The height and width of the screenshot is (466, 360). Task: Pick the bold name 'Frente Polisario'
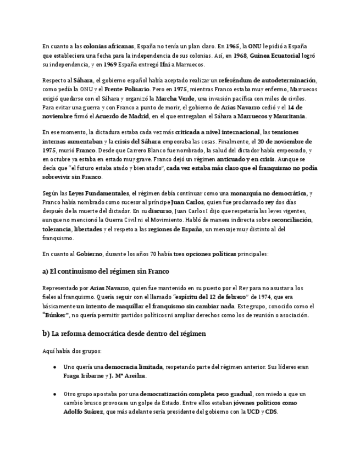click(x=127, y=89)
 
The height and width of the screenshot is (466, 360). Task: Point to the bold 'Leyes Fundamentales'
click(x=99, y=193)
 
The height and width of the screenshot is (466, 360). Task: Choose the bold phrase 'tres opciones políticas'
click(x=204, y=254)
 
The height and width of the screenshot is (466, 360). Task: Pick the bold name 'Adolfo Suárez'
click(x=83, y=412)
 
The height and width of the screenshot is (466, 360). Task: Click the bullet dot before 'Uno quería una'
click(x=55, y=367)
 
